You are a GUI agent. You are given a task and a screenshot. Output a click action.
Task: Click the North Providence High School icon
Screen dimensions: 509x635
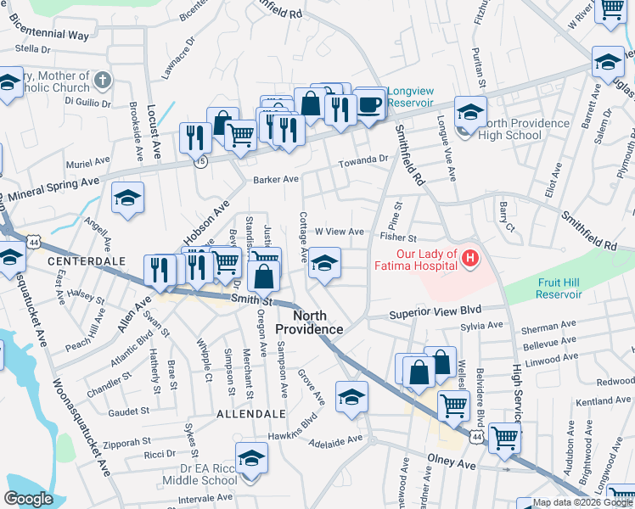pos(470,111)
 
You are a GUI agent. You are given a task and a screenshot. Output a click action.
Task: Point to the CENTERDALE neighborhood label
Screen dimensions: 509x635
pos(79,260)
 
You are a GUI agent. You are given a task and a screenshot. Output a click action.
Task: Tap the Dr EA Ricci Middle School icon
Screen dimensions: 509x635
pos(251,458)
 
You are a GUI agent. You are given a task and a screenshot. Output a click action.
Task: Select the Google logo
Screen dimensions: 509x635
pos(29,499)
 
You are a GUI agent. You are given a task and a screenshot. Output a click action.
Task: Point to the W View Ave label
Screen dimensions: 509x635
pos(339,232)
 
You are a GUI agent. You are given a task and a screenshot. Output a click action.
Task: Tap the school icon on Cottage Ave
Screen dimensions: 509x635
pos(324,262)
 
